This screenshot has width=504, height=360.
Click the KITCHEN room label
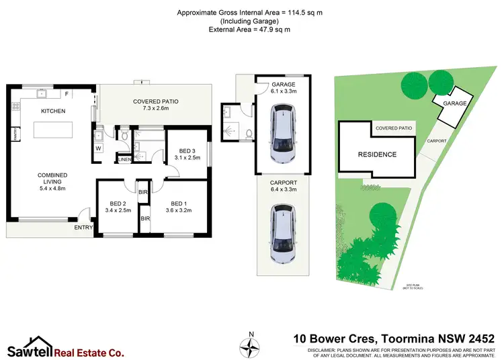pos(53,111)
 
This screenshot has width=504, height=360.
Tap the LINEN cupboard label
pos(124,159)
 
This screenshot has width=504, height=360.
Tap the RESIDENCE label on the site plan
pos(377,154)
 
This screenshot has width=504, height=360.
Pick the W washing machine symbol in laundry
pos(99,148)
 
